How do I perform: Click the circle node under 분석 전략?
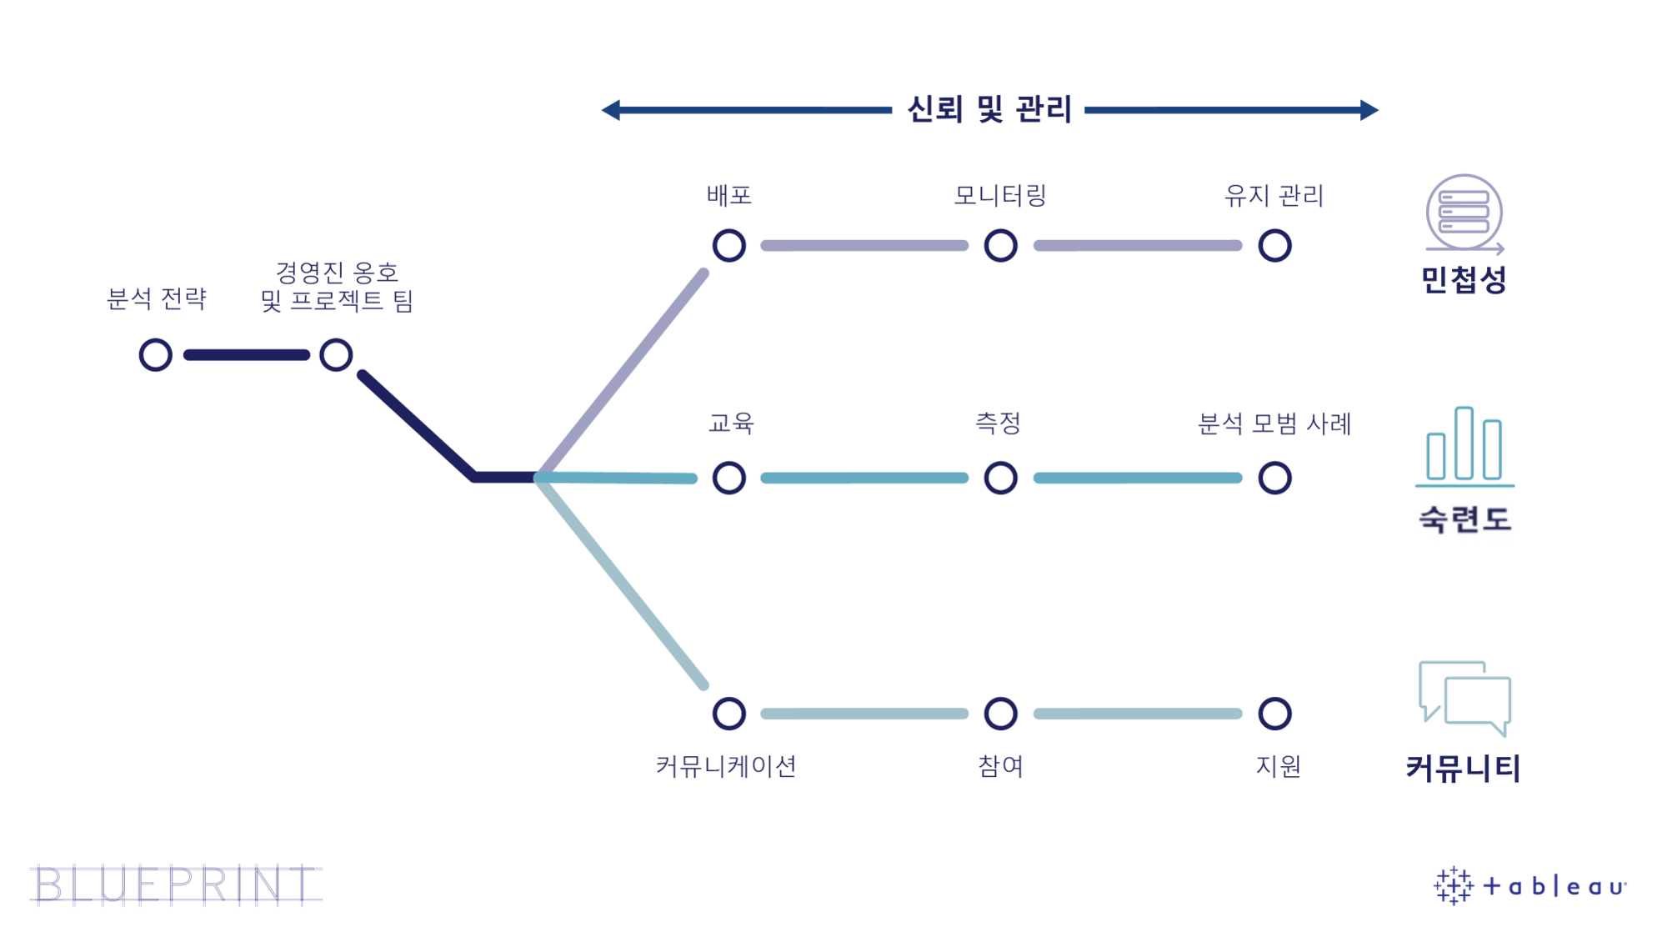tap(156, 355)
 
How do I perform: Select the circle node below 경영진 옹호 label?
tap(336, 355)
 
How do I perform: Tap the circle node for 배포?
tap(729, 246)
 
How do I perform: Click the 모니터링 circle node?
tap(1000, 246)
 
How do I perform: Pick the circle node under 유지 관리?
tap(1274, 246)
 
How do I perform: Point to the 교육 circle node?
tap(729, 479)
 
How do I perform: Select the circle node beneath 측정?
tap(1000, 479)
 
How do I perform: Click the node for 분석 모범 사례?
tap(1274, 479)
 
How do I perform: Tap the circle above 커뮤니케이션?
tap(729, 714)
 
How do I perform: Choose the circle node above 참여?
tap(1000, 714)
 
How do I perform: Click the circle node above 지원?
tap(1274, 714)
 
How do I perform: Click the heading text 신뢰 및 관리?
tap(989, 109)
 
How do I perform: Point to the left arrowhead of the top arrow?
tap(612, 110)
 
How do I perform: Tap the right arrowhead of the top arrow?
tap(1369, 110)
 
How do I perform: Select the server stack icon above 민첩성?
tap(1464, 213)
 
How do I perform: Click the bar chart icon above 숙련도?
tap(1464, 446)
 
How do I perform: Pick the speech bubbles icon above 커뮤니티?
tap(1465, 697)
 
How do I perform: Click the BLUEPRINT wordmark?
tap(176, 885)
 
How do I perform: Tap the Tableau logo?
tap(1529, 885)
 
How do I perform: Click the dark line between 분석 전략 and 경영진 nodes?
tap(246, 355)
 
